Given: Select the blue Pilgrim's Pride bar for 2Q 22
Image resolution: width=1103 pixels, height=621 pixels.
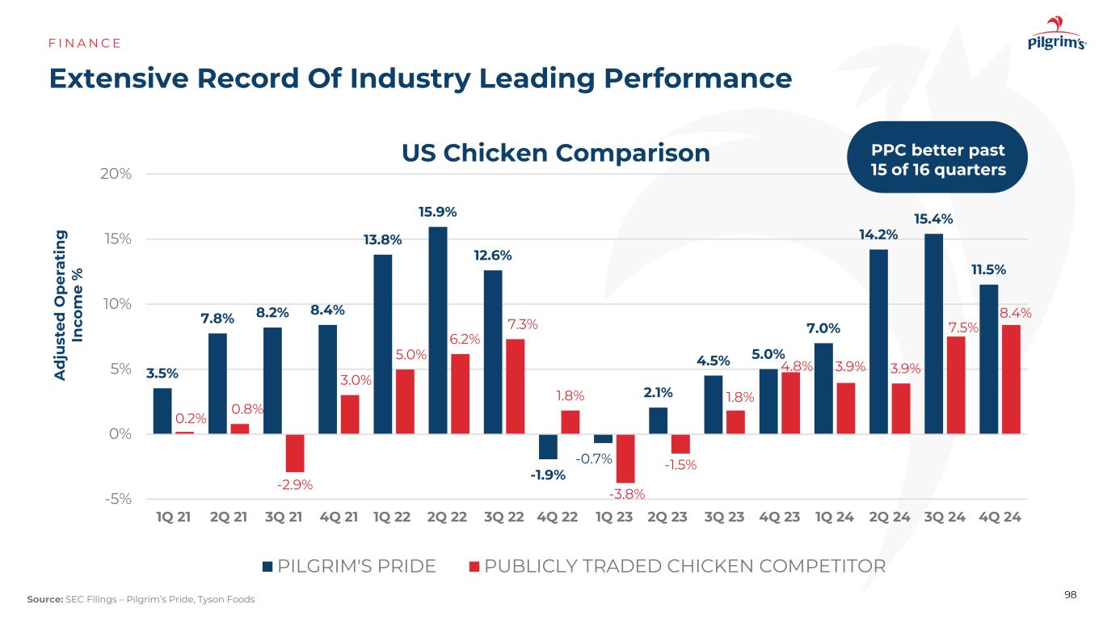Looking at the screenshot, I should click(438, 330).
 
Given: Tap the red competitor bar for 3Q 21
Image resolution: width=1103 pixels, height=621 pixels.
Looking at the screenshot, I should click(294, 453).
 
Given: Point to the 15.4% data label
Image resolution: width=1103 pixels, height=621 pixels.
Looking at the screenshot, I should click(933, 218).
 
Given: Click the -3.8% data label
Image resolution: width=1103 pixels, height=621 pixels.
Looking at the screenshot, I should click(625, 494).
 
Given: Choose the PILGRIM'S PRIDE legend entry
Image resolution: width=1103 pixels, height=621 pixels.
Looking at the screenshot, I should click(350, 566).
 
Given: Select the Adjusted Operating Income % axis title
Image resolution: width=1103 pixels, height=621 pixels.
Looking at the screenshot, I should click(70, 297).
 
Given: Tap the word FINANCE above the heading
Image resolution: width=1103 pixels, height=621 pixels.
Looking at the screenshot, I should click(84, 43).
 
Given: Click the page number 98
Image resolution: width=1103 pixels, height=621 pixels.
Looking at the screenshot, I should click(1071, 595).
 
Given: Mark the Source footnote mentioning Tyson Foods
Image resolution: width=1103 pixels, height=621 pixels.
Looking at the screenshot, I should click(141, 599).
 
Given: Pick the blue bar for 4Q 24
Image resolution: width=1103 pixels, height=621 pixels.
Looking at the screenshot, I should click(988, 359).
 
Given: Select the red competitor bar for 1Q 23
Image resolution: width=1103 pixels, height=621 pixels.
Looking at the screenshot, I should click(625, 458).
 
